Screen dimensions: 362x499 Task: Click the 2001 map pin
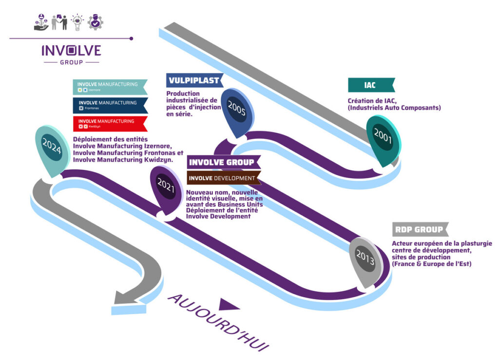pos(383,138)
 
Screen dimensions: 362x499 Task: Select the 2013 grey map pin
pos(365,259)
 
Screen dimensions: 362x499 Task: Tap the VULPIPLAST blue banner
pos(194,80)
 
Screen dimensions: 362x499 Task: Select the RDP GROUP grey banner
pos(419,229)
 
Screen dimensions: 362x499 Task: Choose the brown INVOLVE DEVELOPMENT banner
pos(223,178)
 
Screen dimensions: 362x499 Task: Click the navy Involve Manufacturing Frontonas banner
pos(110,105)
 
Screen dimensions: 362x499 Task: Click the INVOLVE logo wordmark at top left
pos(71,51)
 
